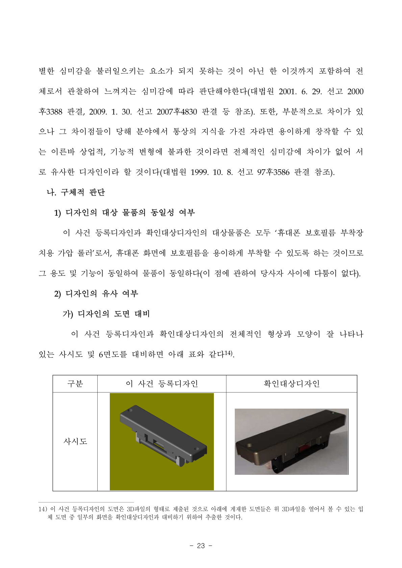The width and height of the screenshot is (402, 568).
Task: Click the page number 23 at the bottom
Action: click(201, 546)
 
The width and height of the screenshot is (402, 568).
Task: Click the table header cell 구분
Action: click(75, 384)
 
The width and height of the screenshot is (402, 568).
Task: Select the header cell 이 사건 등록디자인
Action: click(161, 384)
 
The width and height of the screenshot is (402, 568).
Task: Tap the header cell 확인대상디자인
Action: click(291, 384)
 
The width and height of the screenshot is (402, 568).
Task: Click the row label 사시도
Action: click(75, 441)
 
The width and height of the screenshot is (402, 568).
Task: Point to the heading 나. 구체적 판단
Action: click(76, 192)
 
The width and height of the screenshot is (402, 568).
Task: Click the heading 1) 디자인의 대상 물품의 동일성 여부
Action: click(124, 213)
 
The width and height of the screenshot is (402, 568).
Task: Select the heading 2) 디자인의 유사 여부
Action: click(96, 294)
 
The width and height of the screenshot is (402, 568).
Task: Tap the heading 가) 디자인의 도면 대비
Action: click(106, 314)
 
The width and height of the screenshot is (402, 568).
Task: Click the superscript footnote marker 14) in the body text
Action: click(229, 353)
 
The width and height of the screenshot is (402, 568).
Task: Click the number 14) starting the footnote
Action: click(43, 509)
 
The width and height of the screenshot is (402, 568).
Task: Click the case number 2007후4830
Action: click(177, 112)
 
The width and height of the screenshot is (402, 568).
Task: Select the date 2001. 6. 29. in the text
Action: click(300, 92)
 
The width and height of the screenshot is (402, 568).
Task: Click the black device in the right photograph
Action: click(291, 439)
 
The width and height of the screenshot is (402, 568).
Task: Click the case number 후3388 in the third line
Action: click(51, 112)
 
